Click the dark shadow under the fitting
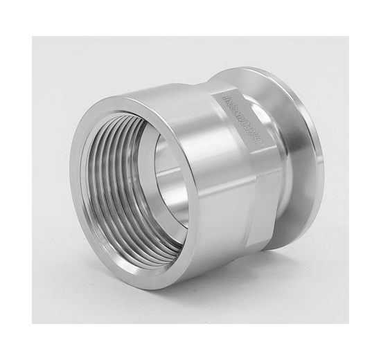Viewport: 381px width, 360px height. point(208,284)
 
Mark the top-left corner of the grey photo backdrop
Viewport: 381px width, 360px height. point(33,37)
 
